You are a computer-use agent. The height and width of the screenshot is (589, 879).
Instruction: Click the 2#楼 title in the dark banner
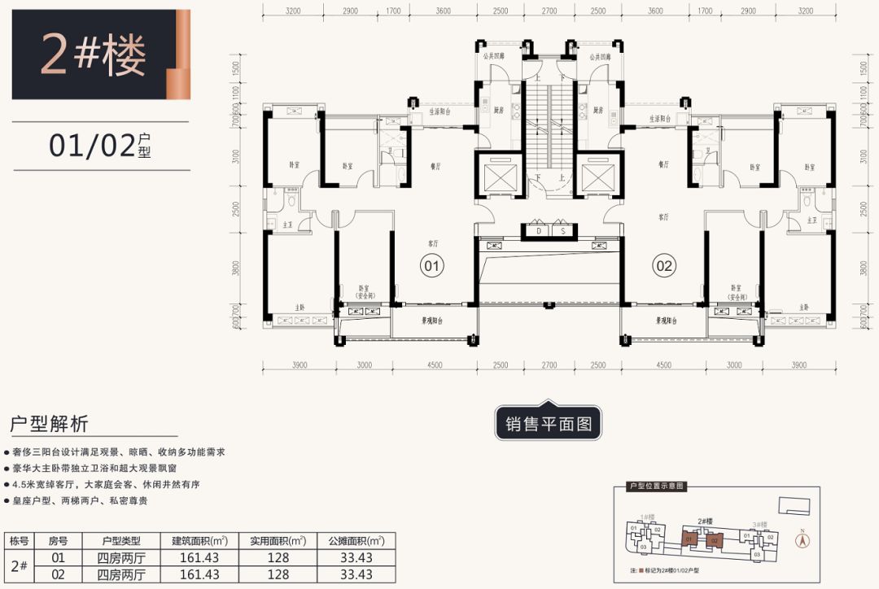[x=93, y=55]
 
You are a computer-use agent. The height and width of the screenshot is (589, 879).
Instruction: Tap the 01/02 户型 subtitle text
[x=101, y=146]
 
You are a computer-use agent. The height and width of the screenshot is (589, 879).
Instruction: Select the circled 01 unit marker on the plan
[x=431, y=265]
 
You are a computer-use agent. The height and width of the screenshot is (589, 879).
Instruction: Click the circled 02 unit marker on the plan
[x=664, y=265]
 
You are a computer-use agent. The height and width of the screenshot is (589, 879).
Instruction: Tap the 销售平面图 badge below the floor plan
[x=548, y=424]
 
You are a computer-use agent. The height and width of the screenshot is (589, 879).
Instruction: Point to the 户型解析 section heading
[x=49, y=425]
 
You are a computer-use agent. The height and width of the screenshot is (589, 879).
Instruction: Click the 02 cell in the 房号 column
[x=58, y=574]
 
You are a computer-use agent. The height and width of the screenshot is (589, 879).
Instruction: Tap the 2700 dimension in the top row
[x=549, y=11]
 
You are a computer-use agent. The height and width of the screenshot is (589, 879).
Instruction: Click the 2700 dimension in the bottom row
[x=549, y=366]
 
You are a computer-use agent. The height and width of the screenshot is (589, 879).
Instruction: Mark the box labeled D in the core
[x=538, y=231]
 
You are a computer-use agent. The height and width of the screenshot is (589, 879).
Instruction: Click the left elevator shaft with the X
[x=498, y=175]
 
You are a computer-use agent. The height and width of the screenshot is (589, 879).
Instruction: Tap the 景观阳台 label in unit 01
[x=431, y=321]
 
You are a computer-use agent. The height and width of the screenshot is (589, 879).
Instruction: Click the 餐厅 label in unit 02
[x=663, y=164]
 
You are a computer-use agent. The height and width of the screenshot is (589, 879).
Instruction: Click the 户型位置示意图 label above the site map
[x=657, y=486]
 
